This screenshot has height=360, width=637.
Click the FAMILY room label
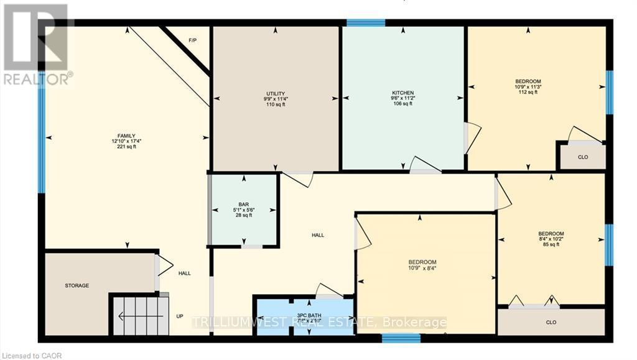pyautogui.click(x=127, y=136)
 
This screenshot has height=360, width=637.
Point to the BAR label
pyautogui.click(x=243, y=203)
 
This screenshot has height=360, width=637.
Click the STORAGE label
pyautogui.click(x=77, y=286)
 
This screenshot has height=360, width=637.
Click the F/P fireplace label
pyautogui.click(x=193, y=41)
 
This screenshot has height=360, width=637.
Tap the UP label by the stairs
pyautogui.click(x=180, y=316)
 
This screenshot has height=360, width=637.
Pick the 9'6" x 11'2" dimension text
pyautogui.click(x=402, y=98)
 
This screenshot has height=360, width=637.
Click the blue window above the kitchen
pyautogui.click(x=366, y=23)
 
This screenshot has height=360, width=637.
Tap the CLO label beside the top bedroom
pyautogui.click(x=583, y=157)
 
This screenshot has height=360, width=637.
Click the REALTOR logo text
pyautogui.click(x=37, y=79)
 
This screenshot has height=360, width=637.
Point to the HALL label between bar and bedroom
pyautogui.click(x=318, y=235)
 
